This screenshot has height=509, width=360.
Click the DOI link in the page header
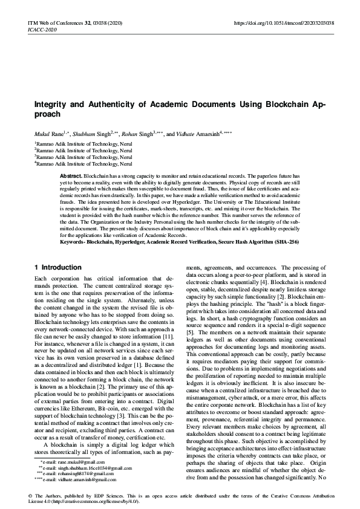[x=284, y=22]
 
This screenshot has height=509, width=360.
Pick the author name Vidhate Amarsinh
[x=203, y=133]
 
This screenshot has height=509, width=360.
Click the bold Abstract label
[x=71, y=175]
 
